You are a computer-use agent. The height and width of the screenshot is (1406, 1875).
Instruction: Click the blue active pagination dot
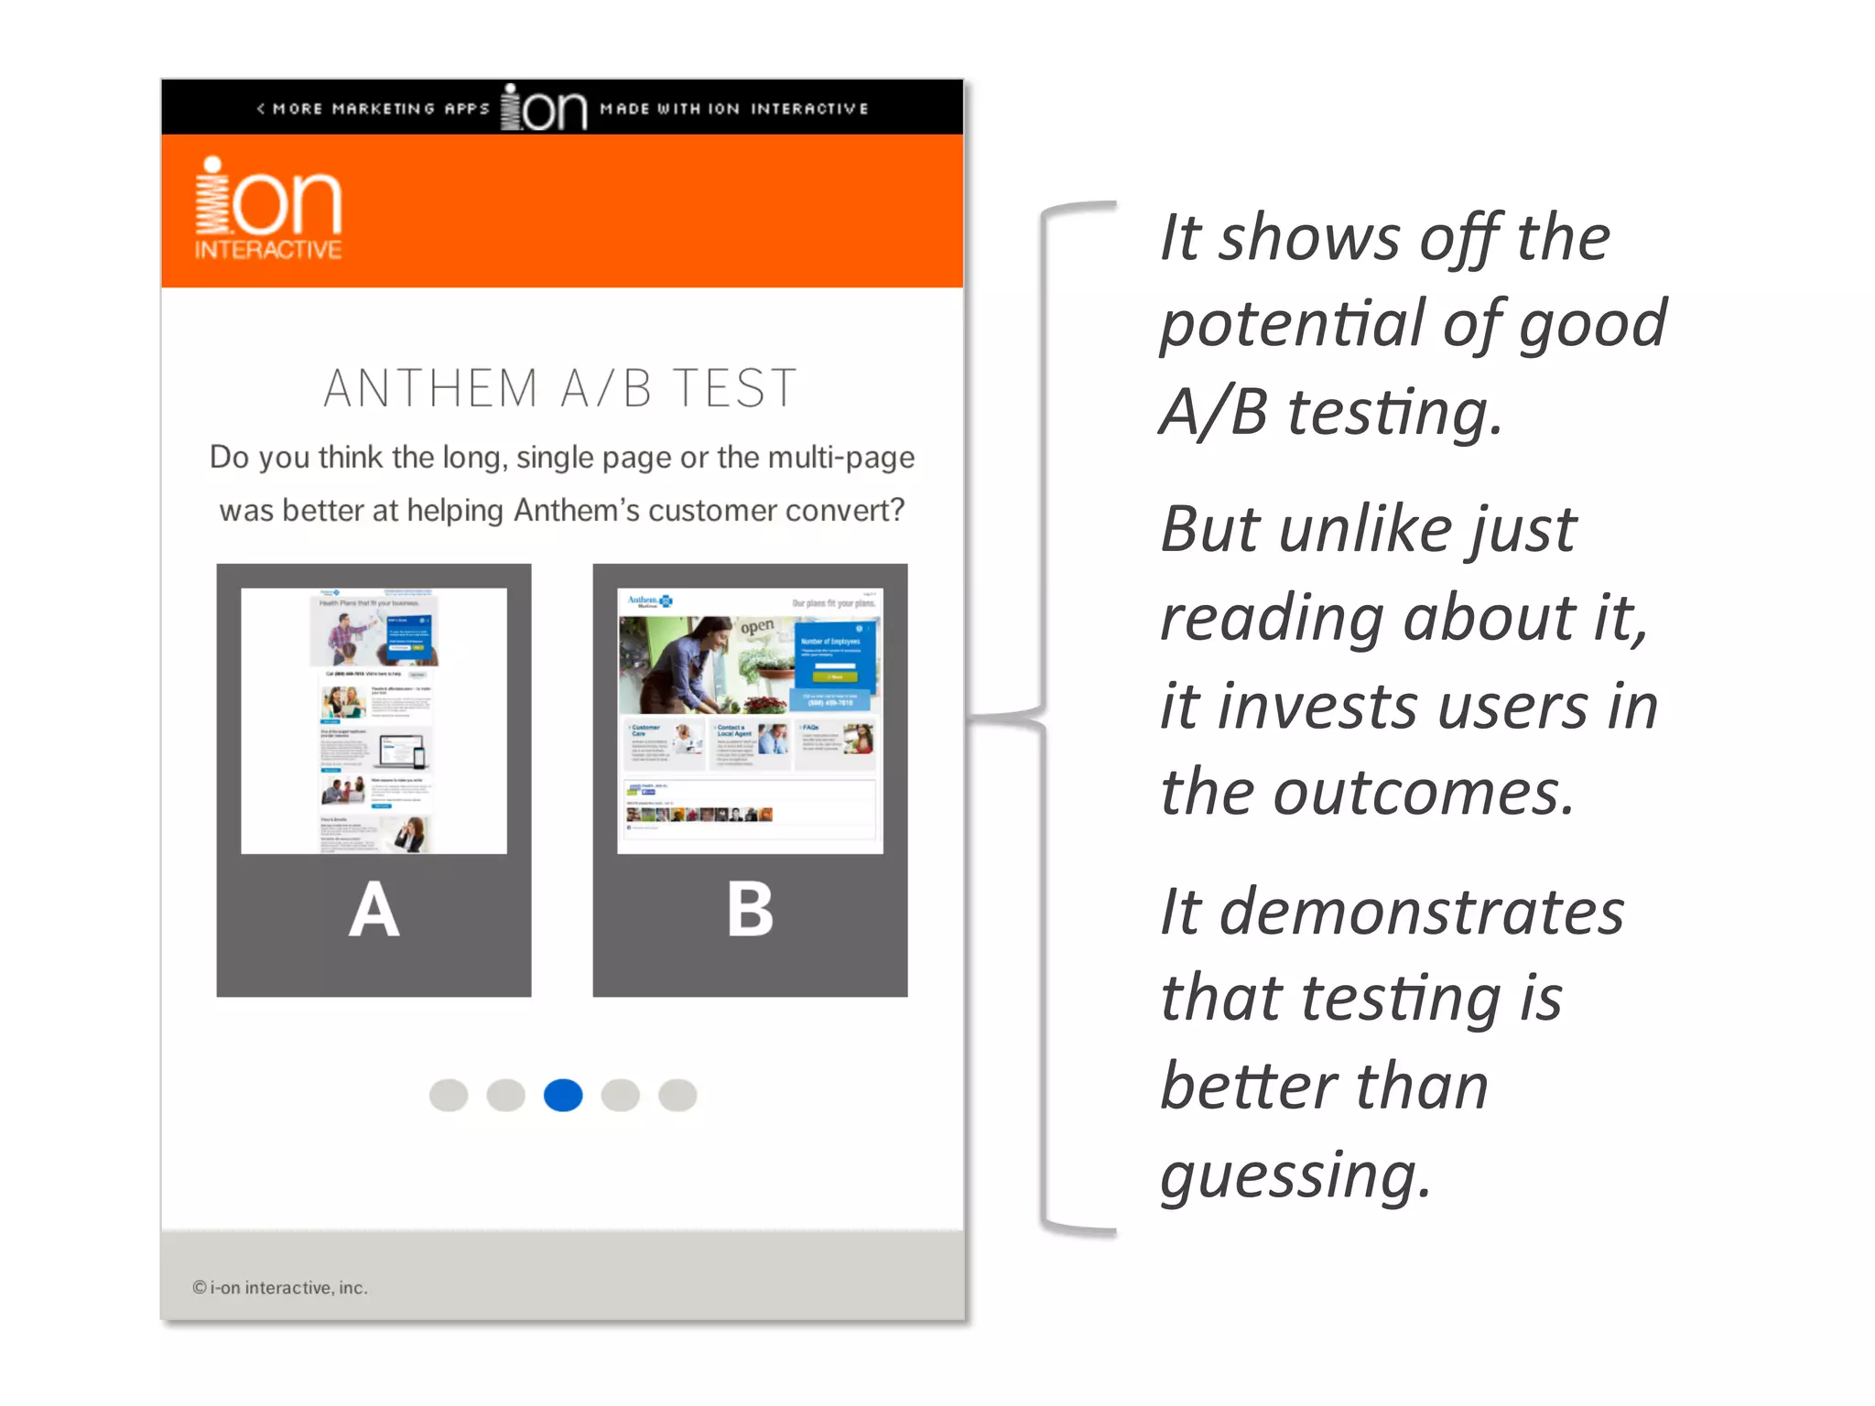tap(563, 1095)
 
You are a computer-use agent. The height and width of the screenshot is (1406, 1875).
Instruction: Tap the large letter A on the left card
tap(374, 910)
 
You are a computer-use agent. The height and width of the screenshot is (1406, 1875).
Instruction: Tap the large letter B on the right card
tap(750, 910)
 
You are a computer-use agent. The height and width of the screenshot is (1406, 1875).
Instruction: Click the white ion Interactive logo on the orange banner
tap(268, 209)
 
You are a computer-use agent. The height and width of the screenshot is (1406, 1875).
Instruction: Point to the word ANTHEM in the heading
tap(430, 388)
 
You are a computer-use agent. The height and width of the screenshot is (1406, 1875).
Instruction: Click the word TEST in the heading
tap(734, 388)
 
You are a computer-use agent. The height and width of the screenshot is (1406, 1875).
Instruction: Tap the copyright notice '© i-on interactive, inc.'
tap(280, 1288)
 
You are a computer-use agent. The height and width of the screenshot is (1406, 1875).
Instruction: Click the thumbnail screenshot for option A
tap(374, 720)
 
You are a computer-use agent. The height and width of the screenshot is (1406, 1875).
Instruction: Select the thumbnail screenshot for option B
tap(750, 720)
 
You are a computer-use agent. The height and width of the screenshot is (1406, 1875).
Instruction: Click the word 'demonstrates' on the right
tap(1421, 913)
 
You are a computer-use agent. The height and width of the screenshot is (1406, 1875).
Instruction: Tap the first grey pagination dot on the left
tap(449, 1095)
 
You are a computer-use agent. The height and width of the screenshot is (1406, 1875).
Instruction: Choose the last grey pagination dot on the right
tap(677, 1095)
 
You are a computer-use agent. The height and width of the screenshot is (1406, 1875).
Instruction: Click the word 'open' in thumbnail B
tap(757, 627)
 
